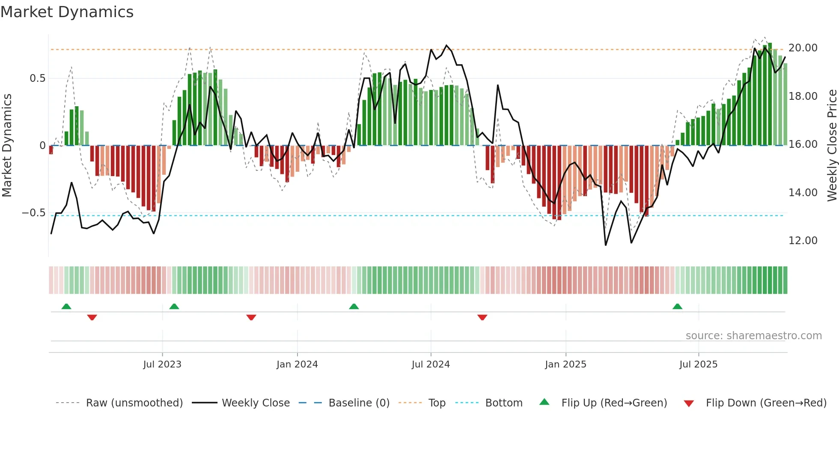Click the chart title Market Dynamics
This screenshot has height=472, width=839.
point(67,12)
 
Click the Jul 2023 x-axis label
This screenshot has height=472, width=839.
point(162,364)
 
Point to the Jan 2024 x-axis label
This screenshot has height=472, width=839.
point(297,364)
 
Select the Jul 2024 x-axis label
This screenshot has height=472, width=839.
point(431,364)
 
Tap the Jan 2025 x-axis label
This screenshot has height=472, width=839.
point(565,364)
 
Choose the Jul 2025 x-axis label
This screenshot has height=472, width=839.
point(698,364)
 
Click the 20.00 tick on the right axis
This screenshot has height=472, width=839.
point(803,48)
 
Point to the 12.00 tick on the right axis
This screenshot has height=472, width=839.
point(803,241)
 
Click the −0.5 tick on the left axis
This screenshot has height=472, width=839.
point(34,213)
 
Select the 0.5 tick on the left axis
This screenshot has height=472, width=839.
point(37,78)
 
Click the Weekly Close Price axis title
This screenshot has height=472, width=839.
point(832,145)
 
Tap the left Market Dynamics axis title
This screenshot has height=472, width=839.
point(7,145)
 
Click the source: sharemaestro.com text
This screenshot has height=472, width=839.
point(753,336)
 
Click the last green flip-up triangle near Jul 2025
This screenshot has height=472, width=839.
point(677,307)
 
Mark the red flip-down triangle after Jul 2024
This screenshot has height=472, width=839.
point(482,317)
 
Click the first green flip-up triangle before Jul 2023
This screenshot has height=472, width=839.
point(66,307)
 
